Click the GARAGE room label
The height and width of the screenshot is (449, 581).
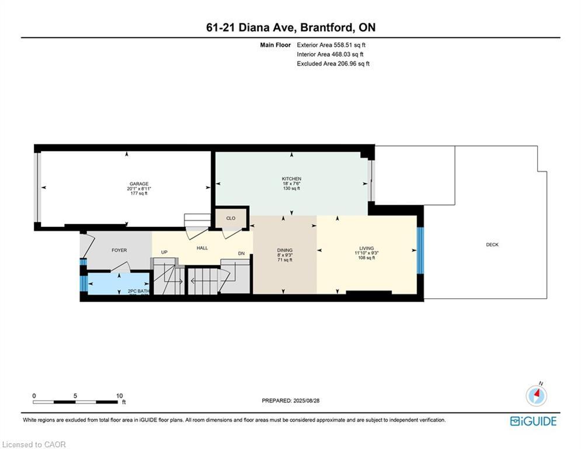(x=139, y=183)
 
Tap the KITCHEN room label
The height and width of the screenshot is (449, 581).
(x=291, y=178)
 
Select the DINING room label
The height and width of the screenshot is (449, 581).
(x=284, y=250)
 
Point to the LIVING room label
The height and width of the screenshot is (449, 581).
(x=366, y=248)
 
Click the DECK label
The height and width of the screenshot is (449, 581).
(x=492, y=245)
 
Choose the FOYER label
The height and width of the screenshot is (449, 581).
(x=119, y=250)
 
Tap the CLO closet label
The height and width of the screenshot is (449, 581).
(x=231, y=218)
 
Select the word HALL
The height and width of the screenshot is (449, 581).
(x=202, y=248)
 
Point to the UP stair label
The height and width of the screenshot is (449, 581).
(x=164, y=253)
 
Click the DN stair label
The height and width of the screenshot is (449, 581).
(x=241, y=253)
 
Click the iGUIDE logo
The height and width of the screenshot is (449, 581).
(x=533, y=421)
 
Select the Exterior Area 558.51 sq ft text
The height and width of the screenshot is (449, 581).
(x=331, y=44)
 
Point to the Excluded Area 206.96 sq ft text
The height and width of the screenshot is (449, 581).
(x=333, y=64)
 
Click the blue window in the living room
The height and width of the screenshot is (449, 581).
(x=420, y=250)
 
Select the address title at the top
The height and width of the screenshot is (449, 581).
(x=290, y=27)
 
